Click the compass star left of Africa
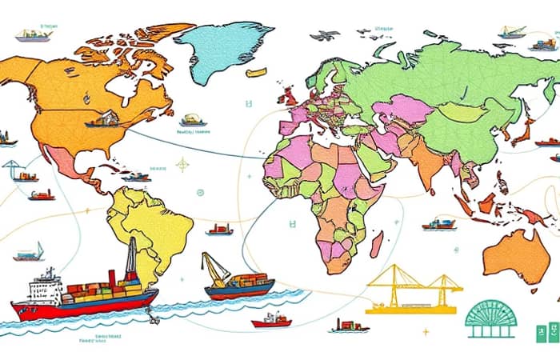click(x=182, y=165)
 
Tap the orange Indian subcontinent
click(x=429, y=163)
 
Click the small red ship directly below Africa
click(x=272, y=320)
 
